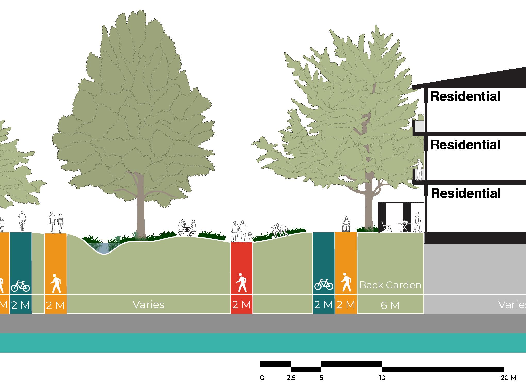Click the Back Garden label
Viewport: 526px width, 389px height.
390,285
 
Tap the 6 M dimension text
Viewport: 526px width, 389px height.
390,305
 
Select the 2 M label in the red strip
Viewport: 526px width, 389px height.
241,305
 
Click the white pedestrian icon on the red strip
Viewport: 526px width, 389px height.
242,283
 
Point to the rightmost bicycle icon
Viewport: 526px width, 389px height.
324,285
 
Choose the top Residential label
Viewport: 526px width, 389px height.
465,96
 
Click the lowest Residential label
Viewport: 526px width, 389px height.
466,193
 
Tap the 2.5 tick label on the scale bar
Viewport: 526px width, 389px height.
291,378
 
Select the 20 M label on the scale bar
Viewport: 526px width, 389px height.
508,378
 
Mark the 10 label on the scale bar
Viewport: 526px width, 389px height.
382,378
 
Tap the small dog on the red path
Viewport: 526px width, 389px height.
250,237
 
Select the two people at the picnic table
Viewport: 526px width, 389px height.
187,227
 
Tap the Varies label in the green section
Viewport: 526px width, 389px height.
149,305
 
